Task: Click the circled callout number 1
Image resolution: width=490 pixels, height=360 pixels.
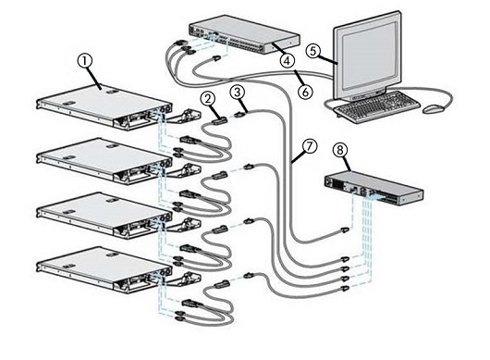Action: click(85, 61)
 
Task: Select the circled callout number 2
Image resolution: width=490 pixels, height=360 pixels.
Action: click(208, 98)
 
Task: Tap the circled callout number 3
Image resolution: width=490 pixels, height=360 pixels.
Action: click(238, 93)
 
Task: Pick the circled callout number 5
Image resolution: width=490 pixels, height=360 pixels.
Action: click(313, 51)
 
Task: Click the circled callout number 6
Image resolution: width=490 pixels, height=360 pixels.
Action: click(305, 92)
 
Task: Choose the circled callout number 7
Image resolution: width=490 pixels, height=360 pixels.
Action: click(309, 146)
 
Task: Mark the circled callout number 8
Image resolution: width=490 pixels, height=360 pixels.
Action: click(340, 150)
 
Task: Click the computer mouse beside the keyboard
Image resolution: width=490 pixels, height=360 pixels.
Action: click(433, 109)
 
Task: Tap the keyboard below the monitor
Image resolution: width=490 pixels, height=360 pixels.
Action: click(377, 106)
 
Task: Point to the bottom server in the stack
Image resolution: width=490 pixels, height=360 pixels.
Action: click(104, 269)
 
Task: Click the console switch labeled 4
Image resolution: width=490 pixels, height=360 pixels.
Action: click(244, 35)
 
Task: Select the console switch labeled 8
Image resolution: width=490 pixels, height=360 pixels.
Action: click(374, 188)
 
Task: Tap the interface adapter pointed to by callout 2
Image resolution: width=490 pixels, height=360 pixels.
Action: click(219, 120)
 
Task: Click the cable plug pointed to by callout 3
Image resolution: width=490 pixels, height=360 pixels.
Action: click(239, 115)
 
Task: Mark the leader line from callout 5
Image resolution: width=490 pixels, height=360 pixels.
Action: click(328, 60)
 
